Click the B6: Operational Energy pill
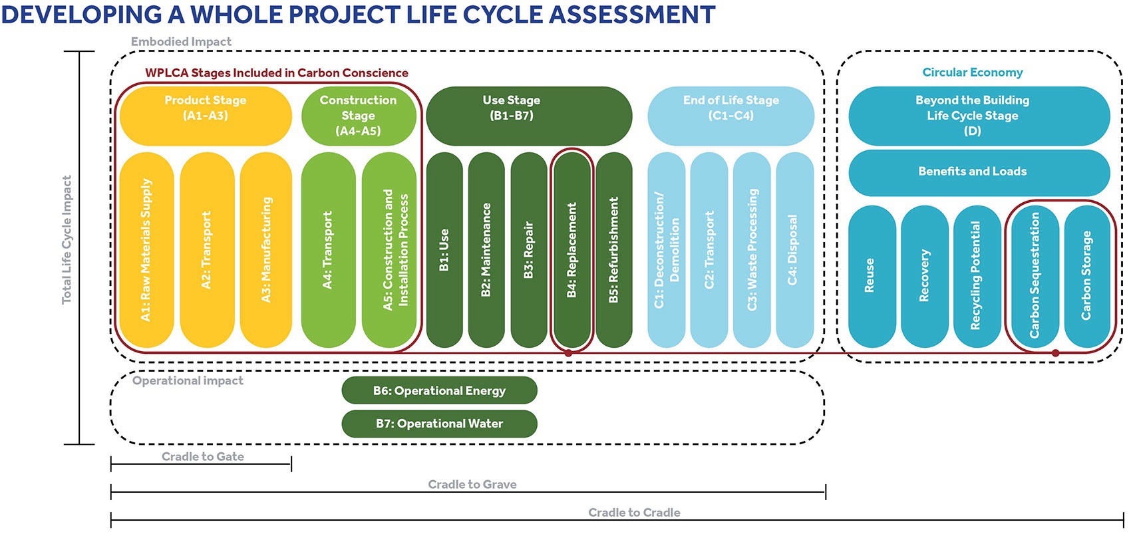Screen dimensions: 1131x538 tap(439, 390)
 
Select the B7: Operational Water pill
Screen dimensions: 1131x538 tap(439, 424)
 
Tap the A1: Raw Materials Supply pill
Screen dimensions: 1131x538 tap(146, 250)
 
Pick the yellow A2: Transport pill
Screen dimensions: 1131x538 tap(207, 250)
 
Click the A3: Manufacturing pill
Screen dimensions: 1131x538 tap(266, 250)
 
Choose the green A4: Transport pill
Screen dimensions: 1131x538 tap(328, 250)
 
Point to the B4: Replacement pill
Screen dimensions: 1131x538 tap(571, 250)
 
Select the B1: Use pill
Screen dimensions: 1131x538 tap(444, 250)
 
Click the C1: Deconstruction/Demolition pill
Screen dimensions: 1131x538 tap(667, 250)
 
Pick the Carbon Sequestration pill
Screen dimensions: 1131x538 tap(1035, 276)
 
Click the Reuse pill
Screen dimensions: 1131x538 tap(872, 276)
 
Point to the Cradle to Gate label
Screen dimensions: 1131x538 tap(202, 456)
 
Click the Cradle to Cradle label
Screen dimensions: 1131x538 tap(634, 512)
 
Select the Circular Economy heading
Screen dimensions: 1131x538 tap(973, 72)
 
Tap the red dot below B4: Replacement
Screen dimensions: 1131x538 tap(569, 353)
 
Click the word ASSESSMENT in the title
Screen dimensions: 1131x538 tap(631, 15)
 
